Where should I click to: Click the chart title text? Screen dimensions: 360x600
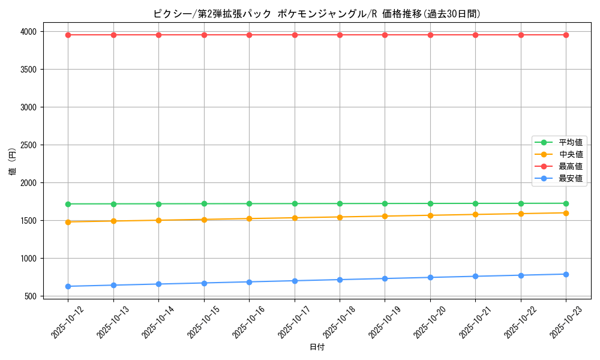[x=317, y=14]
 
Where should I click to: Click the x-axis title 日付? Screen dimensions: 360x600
[x=317, y=347]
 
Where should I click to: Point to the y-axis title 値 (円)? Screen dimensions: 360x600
[x=13, y=163]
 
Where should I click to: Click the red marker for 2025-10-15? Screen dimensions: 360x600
[x=204, y=35]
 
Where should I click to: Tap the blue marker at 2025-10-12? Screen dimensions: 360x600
[x=68, y=286]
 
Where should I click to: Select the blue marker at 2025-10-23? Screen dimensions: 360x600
[x=566, y=274]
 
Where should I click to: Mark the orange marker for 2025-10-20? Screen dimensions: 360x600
[x=430, y=215]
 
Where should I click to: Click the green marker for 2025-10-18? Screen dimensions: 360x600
[x=340, y=203]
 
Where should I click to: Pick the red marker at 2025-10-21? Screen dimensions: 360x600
[x=475, y=35]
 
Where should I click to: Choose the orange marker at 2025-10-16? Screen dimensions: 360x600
[x=249, y=218]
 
